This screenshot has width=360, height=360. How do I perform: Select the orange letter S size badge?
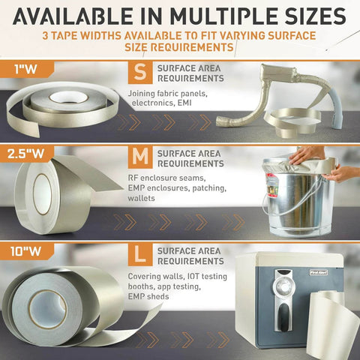coord(139,74)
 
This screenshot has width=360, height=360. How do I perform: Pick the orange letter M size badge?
coord(139,157)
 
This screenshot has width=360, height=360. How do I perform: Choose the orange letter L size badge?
coord(139,255)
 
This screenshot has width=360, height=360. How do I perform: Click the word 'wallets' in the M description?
coord(142,199)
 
